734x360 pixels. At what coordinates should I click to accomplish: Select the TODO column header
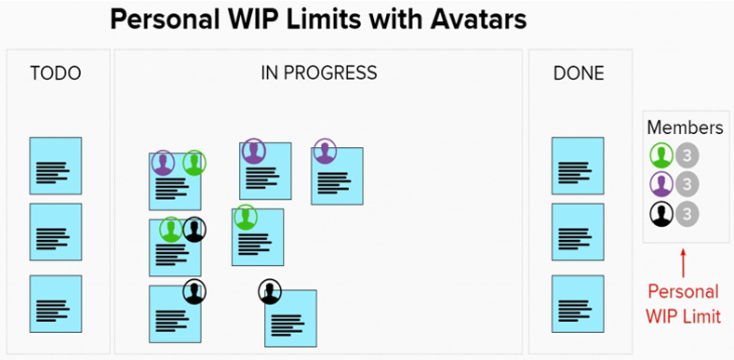[x=56, y=73]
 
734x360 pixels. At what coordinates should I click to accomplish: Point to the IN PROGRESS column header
[x=319, y=73]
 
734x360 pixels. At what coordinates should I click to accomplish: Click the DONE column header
[x=579, y=73]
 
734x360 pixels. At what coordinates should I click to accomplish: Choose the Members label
[x=686, y=127]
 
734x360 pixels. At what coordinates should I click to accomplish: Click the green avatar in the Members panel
[x=661, y=155]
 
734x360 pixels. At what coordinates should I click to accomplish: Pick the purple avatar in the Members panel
[x=661, y=184]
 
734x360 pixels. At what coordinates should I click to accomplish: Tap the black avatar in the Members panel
[x=661, y=214]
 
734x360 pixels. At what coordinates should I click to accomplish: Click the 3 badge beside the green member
[x=687, y=155]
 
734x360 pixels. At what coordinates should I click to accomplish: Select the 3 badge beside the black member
[x=687, y=214]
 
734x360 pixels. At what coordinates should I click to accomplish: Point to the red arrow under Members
[x=683, y=263]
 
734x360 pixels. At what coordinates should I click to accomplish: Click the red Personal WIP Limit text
[x=684, y=304]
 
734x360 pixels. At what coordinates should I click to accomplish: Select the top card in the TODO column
[x=56, y=166]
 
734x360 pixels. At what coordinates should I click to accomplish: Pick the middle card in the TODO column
[x=56, y=232]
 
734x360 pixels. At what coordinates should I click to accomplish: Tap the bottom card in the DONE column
[x=578, y=304]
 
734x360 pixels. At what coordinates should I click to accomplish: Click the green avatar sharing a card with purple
[x=194, y=163]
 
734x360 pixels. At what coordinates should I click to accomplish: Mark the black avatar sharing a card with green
[x=194, y=230]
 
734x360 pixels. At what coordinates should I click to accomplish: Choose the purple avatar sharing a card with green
[x=163, y=163]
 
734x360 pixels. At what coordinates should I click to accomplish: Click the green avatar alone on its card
[x=246, y=218]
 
